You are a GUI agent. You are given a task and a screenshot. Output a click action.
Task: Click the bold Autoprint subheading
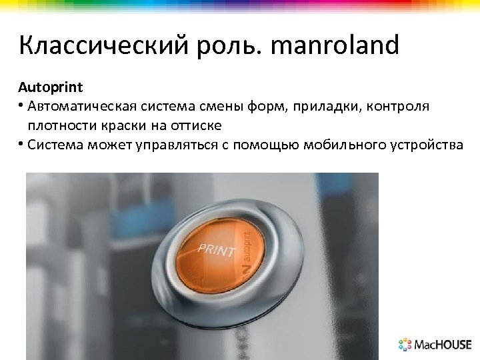(50, 87)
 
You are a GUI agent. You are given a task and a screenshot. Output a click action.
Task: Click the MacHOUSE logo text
(443, 345)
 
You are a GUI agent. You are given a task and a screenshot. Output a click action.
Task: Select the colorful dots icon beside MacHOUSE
(405, 345)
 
